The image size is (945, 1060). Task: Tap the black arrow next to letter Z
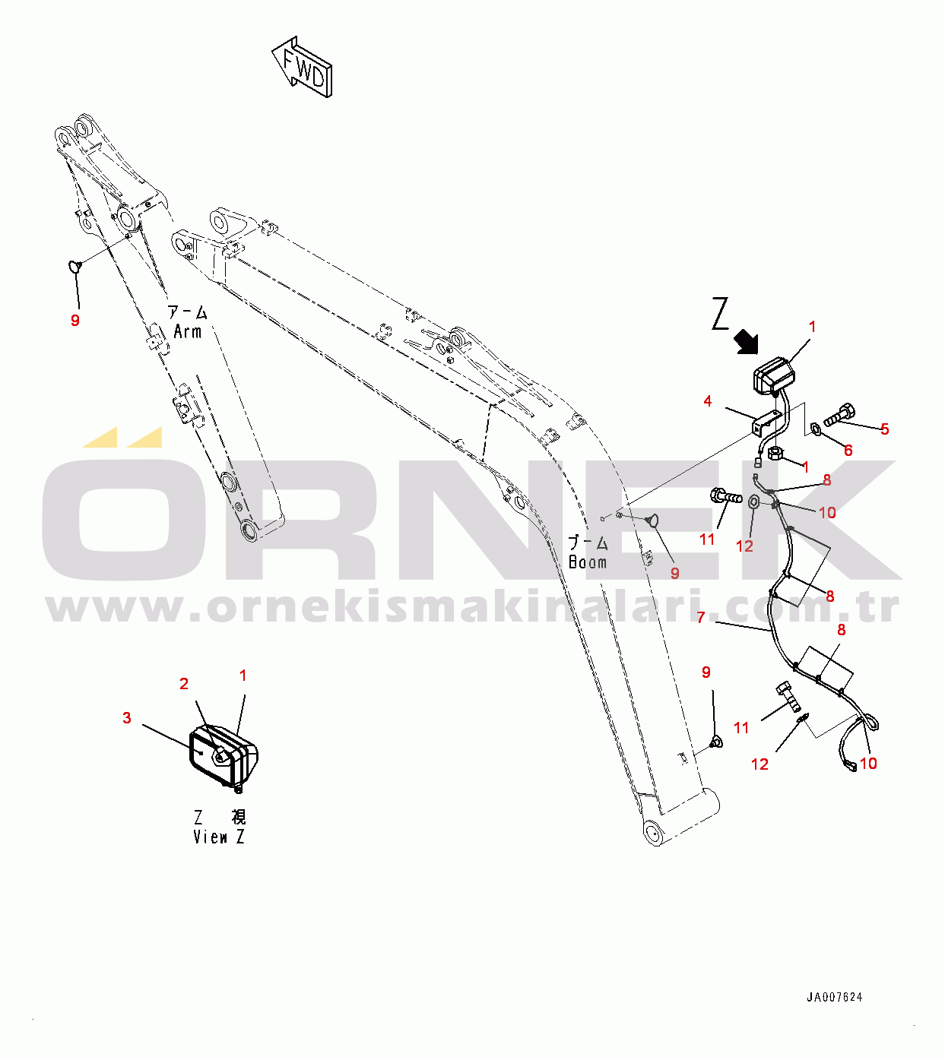click(746, 342)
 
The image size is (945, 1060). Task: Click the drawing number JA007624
click(834, 997)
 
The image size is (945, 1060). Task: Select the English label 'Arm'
click(188, 332)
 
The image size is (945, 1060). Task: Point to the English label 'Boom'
click(588, 562)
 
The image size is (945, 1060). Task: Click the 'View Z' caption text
click(218, 837)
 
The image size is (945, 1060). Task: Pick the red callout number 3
click(127, 718)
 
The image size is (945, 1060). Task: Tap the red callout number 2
click(184, 684)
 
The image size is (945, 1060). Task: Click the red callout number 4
click(708, 401)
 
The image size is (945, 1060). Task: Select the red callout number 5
click(885, 429)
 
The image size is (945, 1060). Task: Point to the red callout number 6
click(848, 451)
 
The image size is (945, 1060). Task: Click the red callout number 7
click(701, 618)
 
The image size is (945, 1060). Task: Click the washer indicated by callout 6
click(816, 429)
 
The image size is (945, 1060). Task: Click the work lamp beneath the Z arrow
click(773, 375)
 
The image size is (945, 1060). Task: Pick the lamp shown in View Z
click(224, 756)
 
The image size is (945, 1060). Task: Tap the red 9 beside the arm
click(75, 321)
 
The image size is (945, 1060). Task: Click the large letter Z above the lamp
click(721, 313)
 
